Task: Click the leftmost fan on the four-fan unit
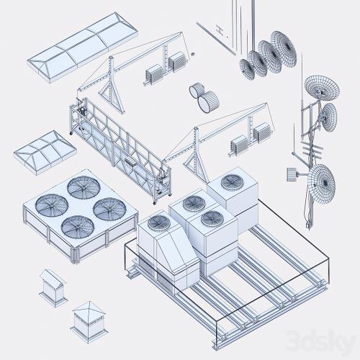51,205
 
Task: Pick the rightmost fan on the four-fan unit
109,209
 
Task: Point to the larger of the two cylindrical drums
208,102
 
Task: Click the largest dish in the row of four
284,49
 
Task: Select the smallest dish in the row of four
247,69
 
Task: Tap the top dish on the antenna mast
322,88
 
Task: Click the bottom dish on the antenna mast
322,184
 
